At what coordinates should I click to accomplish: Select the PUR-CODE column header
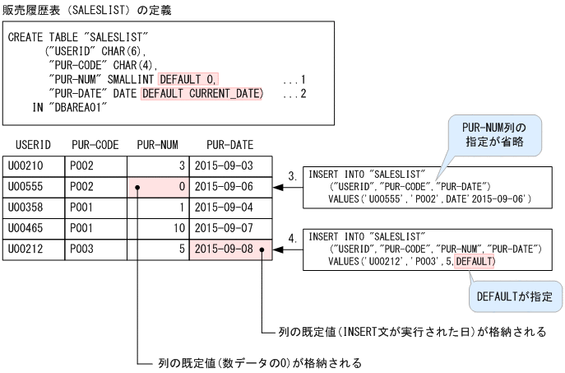pyautogui.click(x=95, y=145)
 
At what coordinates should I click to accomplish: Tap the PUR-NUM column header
pyautogui.click(x=157, y=145)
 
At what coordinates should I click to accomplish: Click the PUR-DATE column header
pyautogui.click(x=229, y=145)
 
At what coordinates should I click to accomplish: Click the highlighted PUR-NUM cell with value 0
pyautogui.click(x=157, y=186)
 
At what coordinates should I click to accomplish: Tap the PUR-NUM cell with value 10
pyautogui.click(x=157, y=226)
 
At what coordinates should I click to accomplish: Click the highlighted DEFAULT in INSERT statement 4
pyautogui.click(x=475, y=262)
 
